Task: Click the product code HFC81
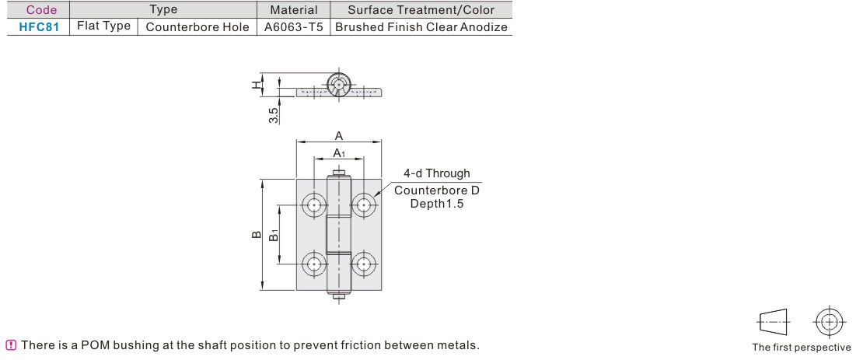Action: [39, 26]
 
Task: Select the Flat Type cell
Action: [103, 26]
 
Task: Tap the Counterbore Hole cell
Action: [197, 26]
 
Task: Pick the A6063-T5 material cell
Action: [293, 26]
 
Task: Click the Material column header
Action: [293, 9]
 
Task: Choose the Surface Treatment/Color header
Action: [420, 9]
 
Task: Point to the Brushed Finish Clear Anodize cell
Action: [420, 26]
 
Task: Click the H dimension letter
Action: [256, 85]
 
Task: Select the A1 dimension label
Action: [340, 153]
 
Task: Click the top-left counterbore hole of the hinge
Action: [314, 205]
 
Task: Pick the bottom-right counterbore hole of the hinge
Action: [363, 264]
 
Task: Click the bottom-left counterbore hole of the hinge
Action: [314, 264]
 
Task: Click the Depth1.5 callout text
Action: [437, 204]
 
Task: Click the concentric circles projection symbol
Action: [830, 320]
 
